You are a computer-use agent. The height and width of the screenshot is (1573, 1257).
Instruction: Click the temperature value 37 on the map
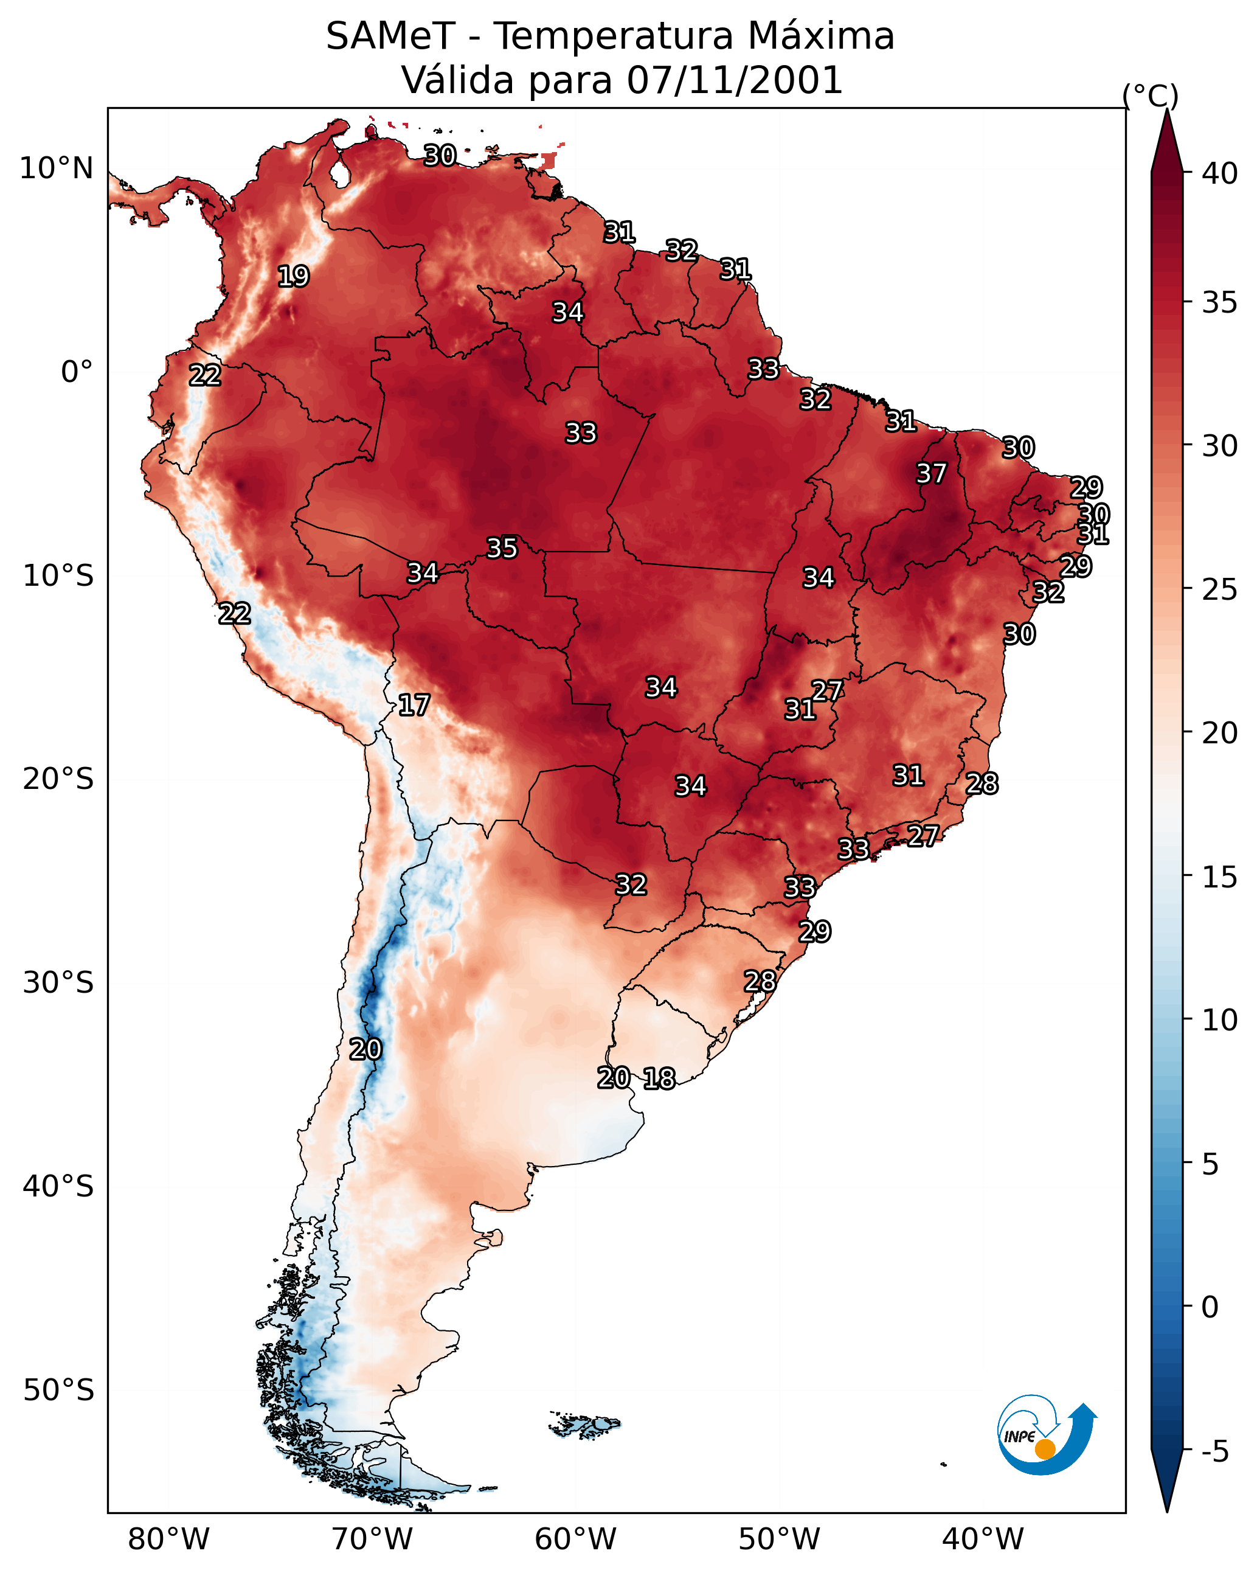point(931,473)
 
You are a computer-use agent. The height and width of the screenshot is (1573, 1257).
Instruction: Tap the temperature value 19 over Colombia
point(293,277)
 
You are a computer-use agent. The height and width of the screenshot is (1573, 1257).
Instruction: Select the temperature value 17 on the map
point(414,705)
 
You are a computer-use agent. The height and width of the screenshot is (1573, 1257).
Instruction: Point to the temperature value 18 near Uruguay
point(659,1078)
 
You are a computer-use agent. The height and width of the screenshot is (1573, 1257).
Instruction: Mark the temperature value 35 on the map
point(502,548)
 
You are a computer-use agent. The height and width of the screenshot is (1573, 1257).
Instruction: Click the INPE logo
point(1046,1436)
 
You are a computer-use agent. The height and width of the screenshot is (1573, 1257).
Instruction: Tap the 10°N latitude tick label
point(56,168)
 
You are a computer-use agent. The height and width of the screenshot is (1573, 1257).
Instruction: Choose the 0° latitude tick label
point(77,372)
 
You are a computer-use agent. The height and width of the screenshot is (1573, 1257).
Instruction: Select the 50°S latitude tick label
point(58,1391)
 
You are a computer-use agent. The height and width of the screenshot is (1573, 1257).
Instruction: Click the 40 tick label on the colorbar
point(1220,173)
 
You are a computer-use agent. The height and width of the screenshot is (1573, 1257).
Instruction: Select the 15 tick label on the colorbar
point(1220,877)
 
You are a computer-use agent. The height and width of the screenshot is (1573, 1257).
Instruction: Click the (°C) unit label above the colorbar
point(1150,95)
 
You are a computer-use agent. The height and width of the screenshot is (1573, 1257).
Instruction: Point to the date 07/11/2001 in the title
point(735,80)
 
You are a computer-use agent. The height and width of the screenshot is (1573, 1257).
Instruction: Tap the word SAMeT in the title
point(390,36)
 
